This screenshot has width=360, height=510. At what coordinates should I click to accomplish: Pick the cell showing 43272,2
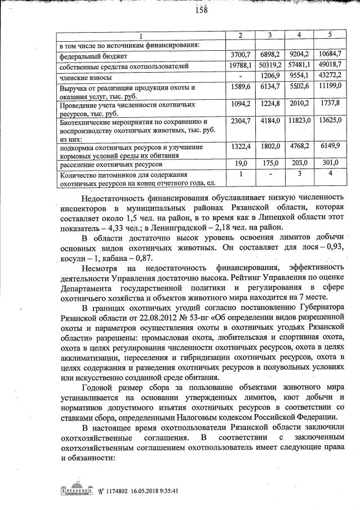(x=330, y=77)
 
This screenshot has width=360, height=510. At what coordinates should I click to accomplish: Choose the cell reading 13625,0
(x=330, y=121)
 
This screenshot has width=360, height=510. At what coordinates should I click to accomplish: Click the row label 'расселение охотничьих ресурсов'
(x=110, y=164)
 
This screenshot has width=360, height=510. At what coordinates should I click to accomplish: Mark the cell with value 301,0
(x=330, y=163)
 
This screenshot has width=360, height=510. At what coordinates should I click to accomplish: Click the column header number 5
(x=330, y=36)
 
